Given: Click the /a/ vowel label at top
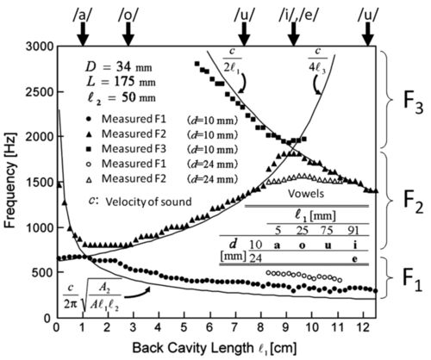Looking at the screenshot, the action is [82, 16].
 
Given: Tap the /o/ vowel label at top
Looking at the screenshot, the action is [128, 16].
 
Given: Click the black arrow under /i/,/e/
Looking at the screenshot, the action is [294, 34].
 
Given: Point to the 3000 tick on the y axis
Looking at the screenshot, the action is [40, 47].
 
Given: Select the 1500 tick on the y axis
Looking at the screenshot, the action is [40, 182].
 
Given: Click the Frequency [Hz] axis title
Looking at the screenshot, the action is [10, 180].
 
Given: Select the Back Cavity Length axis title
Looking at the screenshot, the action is [214, 348].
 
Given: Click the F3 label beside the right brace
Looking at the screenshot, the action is [413, 103].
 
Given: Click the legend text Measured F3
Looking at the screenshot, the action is [134, 149].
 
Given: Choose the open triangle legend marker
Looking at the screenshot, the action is [89, 179].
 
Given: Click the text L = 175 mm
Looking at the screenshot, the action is [121, 82].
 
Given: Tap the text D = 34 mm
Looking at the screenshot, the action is [119, 67].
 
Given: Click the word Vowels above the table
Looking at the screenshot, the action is [306, 194].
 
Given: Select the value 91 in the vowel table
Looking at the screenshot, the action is [353, 230].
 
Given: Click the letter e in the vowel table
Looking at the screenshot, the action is [355, 259].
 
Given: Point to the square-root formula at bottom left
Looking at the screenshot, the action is [92, 295].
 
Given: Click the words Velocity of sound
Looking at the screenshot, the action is [148, 202].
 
